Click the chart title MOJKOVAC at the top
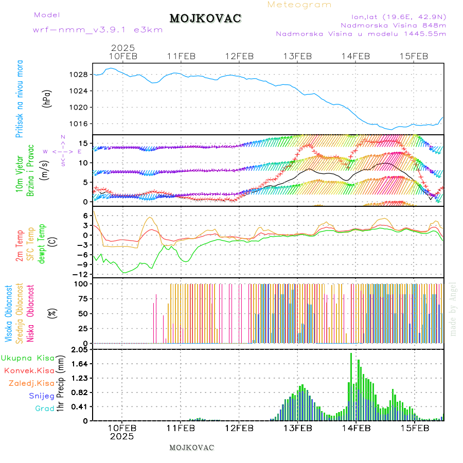coord(205,19)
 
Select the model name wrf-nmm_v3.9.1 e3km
coord(98,30)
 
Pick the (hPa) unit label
coord(47,98)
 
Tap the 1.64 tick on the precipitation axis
coord(80,364)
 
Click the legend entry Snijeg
coord(41,396)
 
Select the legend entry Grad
coord(44,409)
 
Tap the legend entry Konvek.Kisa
coord(29,370)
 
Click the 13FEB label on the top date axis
coord(298,56)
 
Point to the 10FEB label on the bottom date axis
coord(122,428)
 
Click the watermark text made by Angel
coord(453,309)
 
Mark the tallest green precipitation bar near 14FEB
coord(351,386)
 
